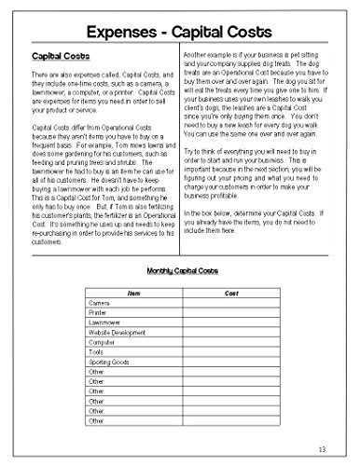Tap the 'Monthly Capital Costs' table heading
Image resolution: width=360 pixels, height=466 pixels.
(179, 271)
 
